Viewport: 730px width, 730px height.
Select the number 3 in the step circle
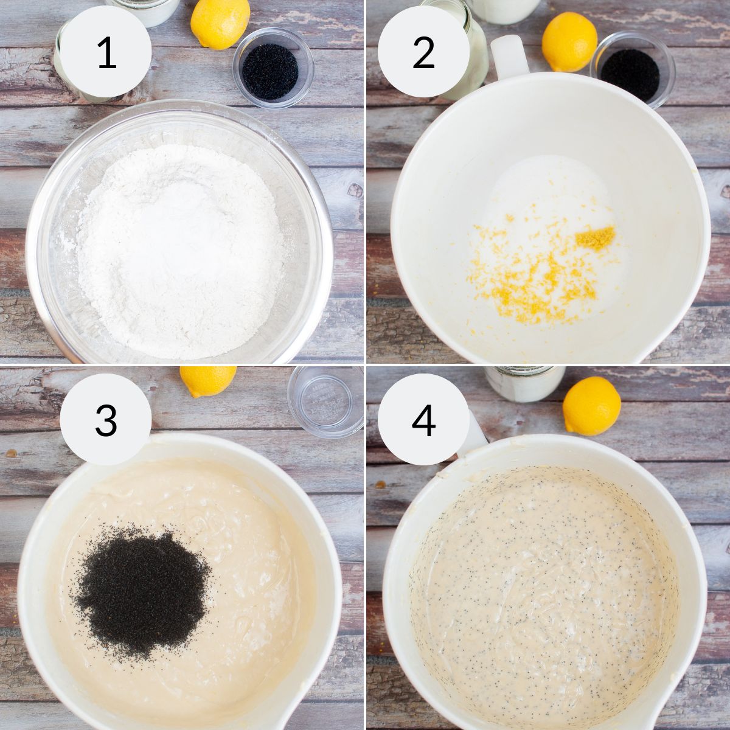[106, 420]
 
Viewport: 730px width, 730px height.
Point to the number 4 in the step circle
[423, 420]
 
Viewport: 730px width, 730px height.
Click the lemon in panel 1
[220, 24]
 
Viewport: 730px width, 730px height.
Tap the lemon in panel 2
[569, 42]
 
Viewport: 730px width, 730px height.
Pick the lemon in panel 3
[207, 381]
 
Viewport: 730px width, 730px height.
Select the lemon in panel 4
[591, 406]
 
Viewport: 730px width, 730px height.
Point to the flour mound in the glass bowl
[181, 250]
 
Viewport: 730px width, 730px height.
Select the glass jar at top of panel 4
[524, 383]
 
